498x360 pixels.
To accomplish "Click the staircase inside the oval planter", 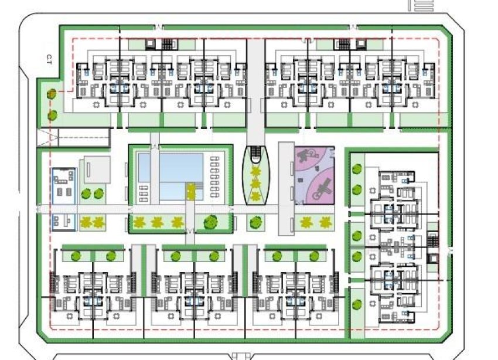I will coord(256,155).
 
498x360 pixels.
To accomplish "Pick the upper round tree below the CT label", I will coord(52,94).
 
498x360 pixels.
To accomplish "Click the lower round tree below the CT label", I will coord(52,114).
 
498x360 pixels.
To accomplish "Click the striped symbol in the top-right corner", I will coord(423,5).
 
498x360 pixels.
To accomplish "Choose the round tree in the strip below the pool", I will coord(209,222).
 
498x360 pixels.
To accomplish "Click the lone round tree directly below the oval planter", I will coord(254,222).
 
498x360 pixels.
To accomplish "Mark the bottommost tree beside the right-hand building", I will coord(357,305).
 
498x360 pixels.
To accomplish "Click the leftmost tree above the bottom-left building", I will coord(75,256).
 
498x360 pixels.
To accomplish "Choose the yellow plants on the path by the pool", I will coord(190,191).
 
